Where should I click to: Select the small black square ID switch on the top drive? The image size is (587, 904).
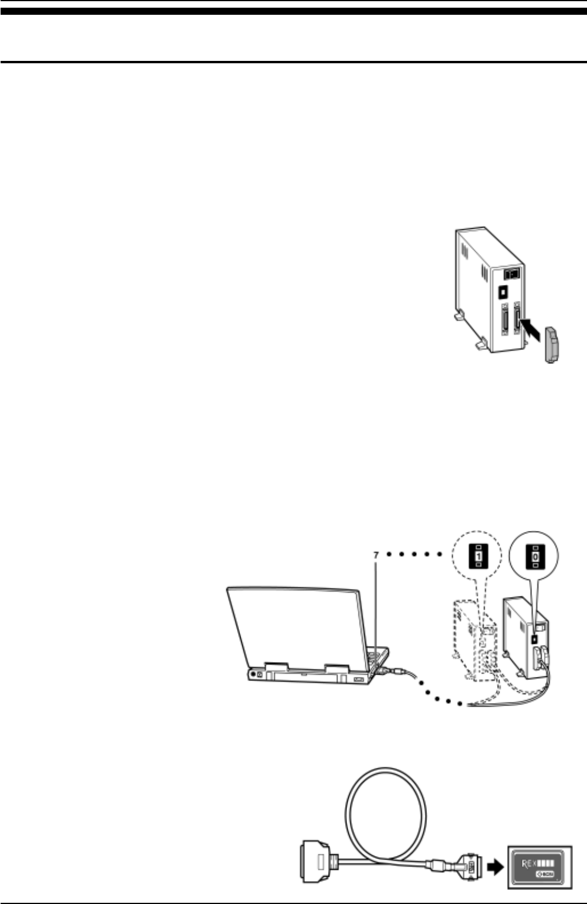pos(502,292)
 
